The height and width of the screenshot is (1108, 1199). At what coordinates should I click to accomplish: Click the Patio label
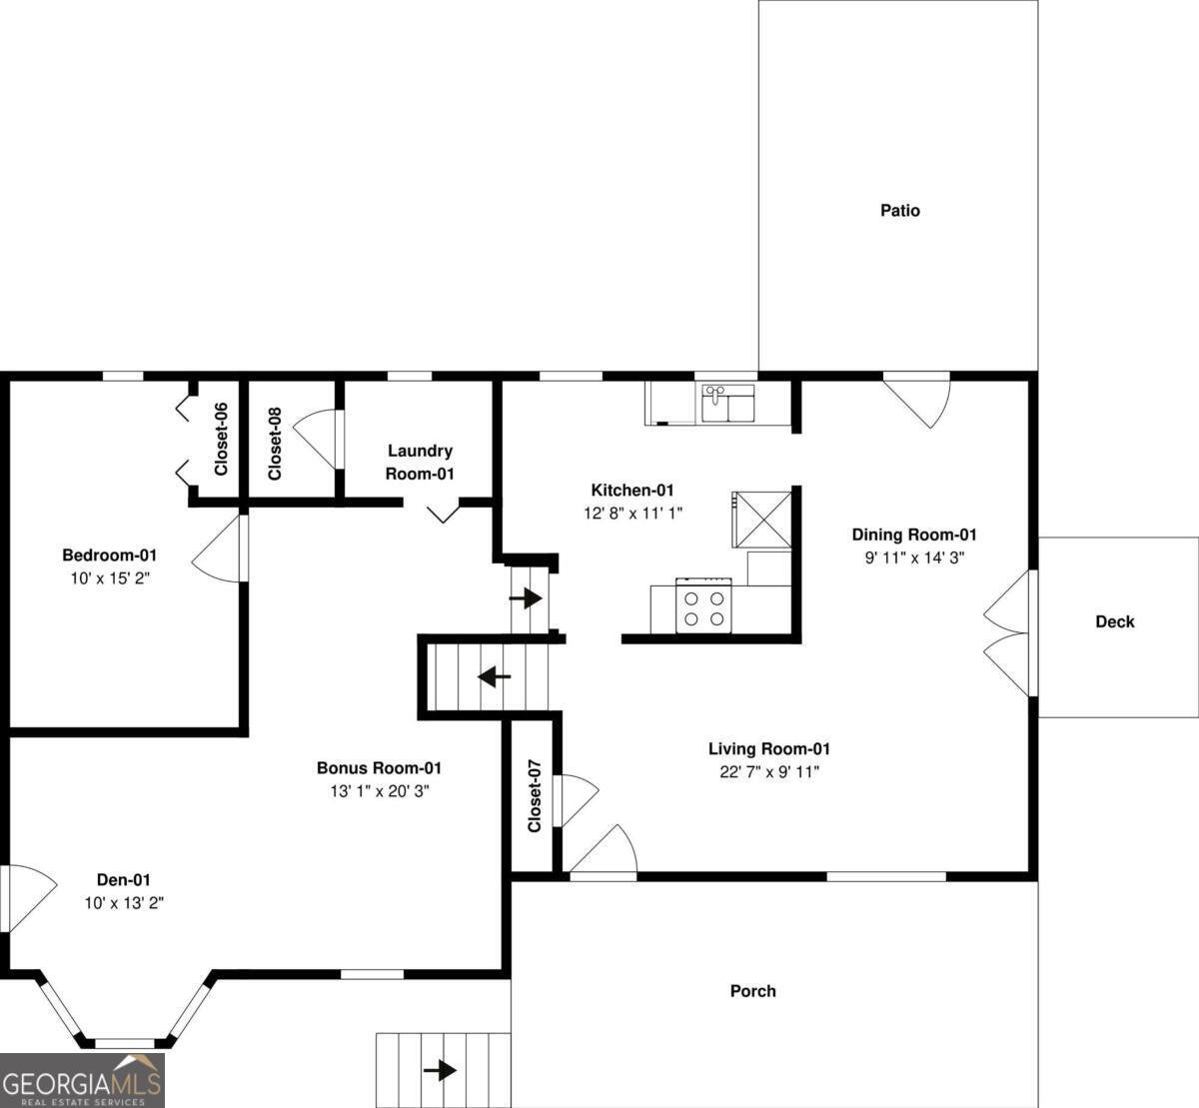(899, 211)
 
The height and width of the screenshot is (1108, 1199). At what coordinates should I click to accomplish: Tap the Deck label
(1114, 621)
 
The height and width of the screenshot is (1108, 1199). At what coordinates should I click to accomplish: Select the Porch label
(752, 991)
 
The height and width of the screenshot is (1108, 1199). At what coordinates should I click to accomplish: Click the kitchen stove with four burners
(702, 606)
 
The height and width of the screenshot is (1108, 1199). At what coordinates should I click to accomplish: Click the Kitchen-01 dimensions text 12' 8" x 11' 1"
(632, 513)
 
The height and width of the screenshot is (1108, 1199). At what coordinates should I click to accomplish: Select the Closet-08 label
(275, 443)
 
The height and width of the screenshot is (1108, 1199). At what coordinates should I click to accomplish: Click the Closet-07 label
(535, 795)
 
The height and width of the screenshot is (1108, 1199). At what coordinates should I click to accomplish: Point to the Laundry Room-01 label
(420, 463)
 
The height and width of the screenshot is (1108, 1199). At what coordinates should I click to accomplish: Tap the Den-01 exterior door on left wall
(25, 897)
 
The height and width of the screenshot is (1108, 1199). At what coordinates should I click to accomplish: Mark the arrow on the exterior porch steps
(440, 1070)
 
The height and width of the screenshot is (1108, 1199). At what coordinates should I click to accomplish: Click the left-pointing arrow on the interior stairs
(494, 676)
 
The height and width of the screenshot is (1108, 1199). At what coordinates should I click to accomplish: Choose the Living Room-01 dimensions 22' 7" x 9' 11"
(769, 771)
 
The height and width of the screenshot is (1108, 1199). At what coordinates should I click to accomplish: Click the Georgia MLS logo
(82, 1080)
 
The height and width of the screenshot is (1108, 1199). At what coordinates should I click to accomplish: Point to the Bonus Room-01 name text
(379, 768)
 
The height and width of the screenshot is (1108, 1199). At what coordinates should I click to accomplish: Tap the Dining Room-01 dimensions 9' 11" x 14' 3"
(914, 557)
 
